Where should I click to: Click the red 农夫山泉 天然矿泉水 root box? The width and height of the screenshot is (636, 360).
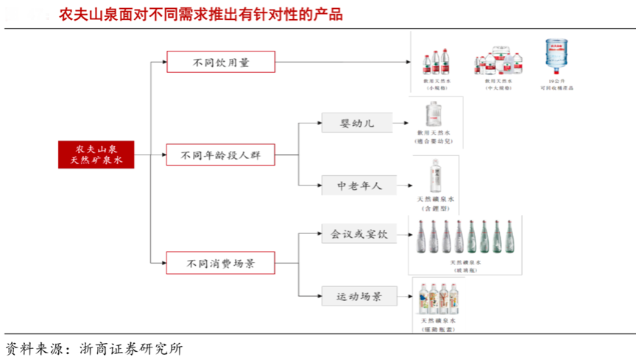tap(96, 154)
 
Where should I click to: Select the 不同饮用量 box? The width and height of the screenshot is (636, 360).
tap(221, 62)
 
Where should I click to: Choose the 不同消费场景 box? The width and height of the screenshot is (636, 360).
tap(221, 262)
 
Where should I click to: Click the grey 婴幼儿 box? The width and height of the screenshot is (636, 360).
tap(357, 122)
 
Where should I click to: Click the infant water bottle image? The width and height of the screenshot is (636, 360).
tap(435, 114)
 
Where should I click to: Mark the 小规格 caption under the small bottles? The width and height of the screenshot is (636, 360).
tap(437, 88)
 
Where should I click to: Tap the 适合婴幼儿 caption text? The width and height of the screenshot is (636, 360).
tap(435, 140)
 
